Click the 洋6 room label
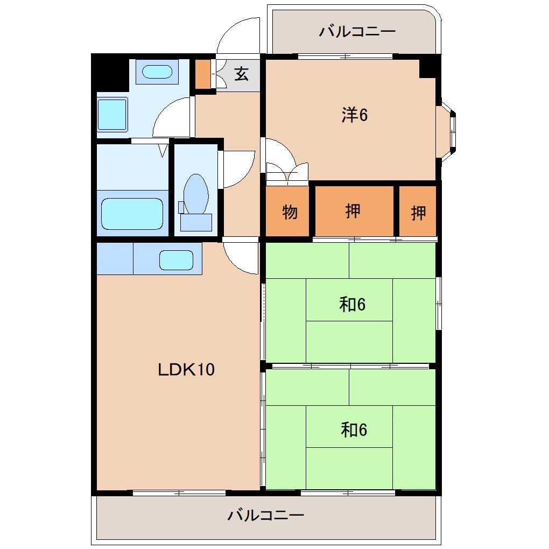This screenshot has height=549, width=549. point(354,115)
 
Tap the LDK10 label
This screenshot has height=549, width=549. point(186,369)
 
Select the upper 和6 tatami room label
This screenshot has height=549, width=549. point(352,304)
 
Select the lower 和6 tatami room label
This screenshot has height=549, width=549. point(354,430)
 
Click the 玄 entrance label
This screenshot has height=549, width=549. point(242,74)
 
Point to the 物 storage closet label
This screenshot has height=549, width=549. point(290,212)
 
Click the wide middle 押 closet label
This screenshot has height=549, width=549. point(353,211)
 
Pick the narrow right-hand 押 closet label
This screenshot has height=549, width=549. point(418,213)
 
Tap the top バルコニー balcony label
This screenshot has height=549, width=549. point(357,32)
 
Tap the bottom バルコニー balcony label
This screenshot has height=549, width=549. point(266,515)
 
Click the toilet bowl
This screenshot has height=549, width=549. point(196,194)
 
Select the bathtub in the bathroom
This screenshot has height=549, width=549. point(132,214)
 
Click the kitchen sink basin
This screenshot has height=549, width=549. point(176,260)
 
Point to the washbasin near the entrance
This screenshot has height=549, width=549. point(157,72)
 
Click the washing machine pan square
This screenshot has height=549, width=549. point(112,115)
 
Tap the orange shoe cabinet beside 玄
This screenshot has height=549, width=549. point(203,74)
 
